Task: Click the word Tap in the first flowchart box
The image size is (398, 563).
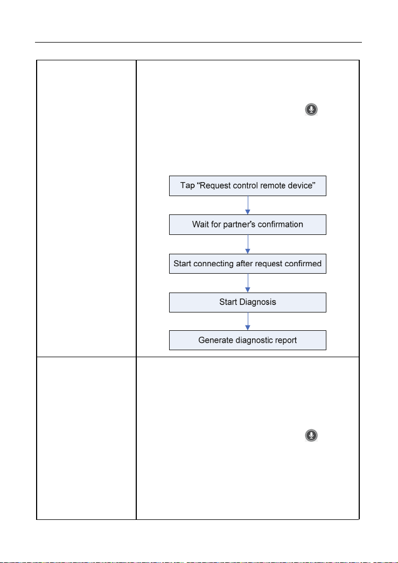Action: click(187, 186)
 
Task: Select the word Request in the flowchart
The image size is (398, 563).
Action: click(215, 186)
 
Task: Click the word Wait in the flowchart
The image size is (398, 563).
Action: click(199, 225)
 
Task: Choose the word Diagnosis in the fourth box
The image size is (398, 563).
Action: click(257, 302)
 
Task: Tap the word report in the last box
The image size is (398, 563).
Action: click(286, 340)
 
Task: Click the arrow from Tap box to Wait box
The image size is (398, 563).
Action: click(248, 205)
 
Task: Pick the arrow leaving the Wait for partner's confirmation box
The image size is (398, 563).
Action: click(248, 244)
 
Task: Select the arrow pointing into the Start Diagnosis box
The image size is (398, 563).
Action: click(248, 283)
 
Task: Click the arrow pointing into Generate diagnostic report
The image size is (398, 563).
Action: click(248, 321)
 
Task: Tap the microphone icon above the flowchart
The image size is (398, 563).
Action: click(311, 109)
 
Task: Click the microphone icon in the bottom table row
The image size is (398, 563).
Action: click(311, 435)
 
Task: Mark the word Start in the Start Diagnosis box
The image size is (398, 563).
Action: click(228, 302)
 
